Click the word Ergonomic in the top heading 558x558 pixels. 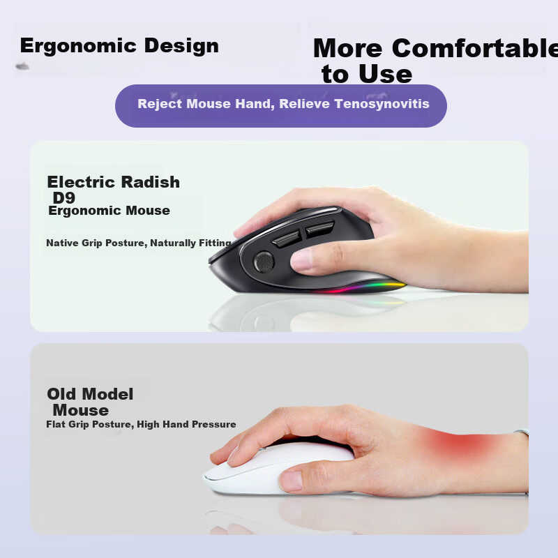click(x=78, y=46)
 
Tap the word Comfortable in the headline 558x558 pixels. click(x=475, y=48)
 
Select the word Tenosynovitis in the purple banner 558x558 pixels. click(x=382, y=103)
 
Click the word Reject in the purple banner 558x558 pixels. click(x=160, y=104)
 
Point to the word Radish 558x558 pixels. click(x=150, y=182)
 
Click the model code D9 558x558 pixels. click(x=63, y=198)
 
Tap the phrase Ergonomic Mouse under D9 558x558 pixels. click(x=109, y=211)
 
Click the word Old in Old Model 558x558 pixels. click(x=61, y=394)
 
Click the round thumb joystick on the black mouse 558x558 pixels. click(x=264, y=262)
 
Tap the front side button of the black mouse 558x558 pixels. click(x=286, y=239)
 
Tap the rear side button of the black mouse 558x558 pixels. click(x=319, y=229)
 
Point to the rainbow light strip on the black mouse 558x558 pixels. click(x=359, y=287)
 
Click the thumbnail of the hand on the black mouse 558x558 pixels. click(x=301, y=259)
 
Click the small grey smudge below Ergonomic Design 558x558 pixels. click(x=22, y=66)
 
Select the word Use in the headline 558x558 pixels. click(x=386, y=75)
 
